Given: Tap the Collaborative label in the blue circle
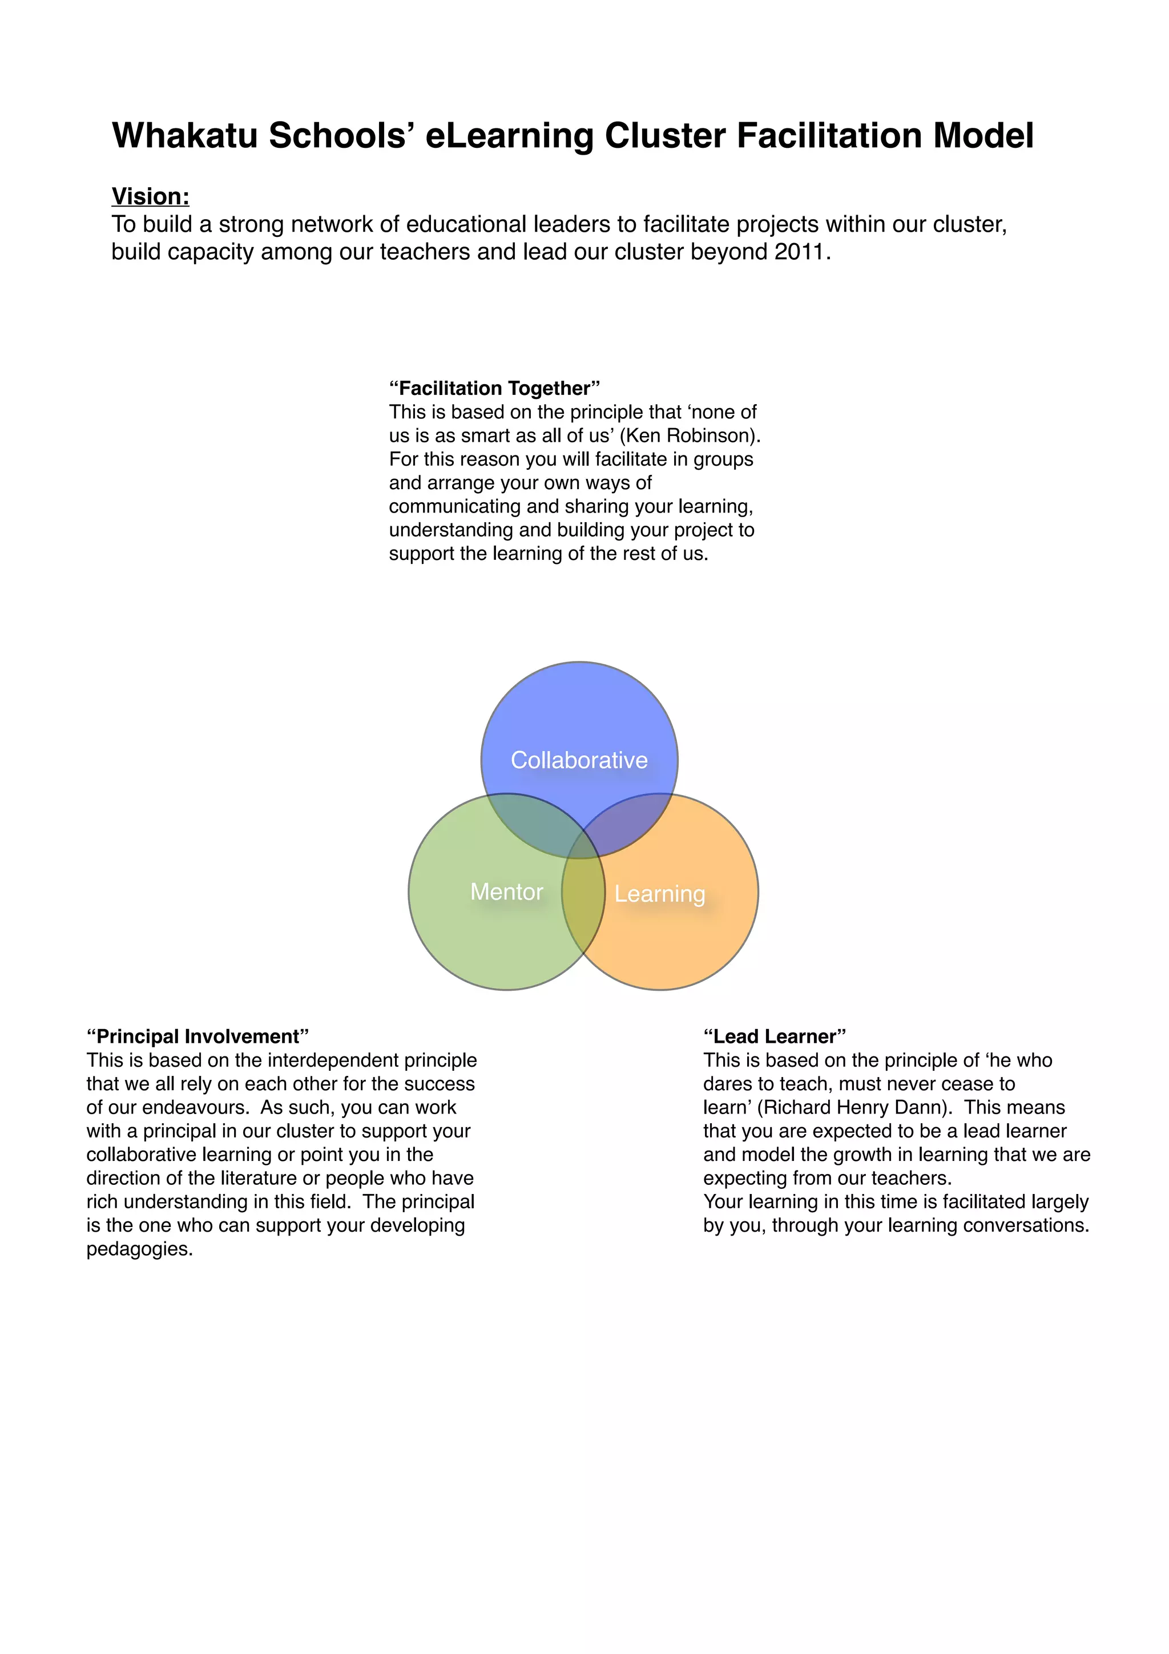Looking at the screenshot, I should pos(579,760).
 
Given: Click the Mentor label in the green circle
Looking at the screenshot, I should pos(506,892).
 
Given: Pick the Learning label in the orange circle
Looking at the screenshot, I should pos(660,894).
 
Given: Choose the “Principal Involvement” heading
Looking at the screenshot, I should pos(198,1036).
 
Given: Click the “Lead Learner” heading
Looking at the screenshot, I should pos(775,1036).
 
